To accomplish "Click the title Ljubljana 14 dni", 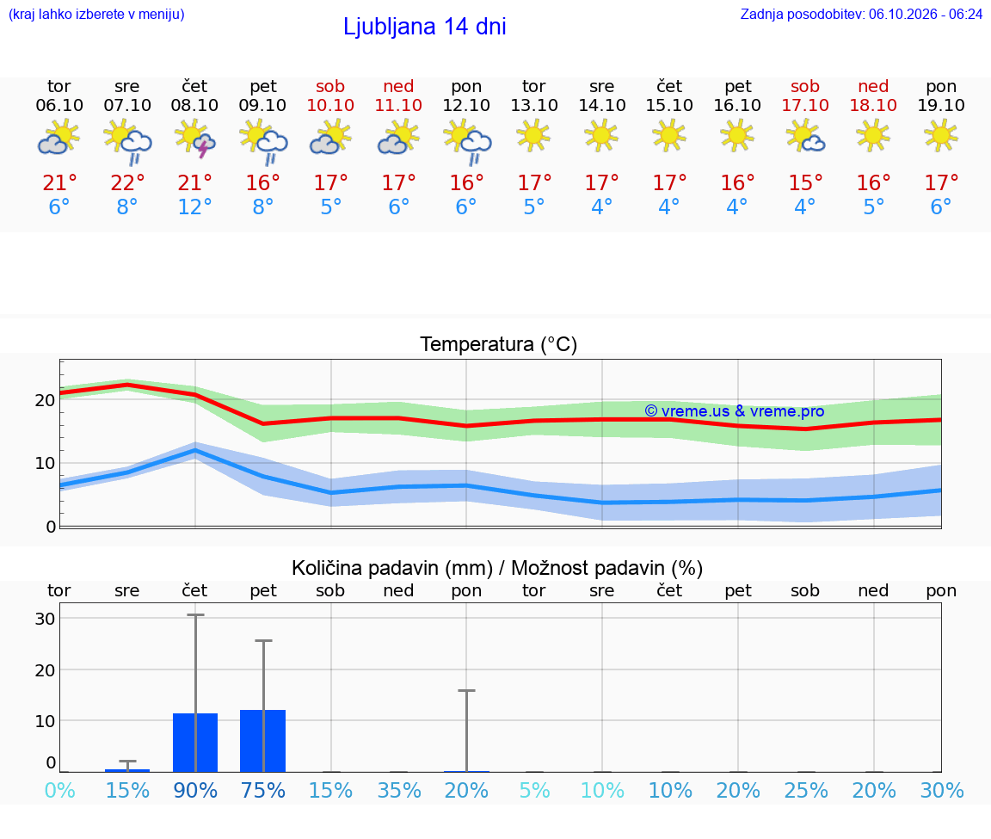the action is [425, 27].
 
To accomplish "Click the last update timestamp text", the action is [861, 14].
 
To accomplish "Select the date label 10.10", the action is [330, 105].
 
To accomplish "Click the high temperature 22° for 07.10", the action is [127, 182].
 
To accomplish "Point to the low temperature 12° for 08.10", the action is [194, 207].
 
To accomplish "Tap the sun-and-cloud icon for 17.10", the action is [805, 138].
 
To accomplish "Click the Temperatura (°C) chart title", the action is [499, 344].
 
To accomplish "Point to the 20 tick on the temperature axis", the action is [45, 400].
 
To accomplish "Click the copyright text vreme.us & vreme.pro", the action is [735, 411].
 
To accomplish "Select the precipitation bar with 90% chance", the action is [195, 743].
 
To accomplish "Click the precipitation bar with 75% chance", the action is [263, 740].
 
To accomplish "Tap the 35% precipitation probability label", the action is [399, 790].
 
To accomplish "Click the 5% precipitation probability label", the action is [535, 790].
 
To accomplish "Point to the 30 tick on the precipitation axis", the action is [45, 619].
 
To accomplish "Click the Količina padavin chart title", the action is [497, 568].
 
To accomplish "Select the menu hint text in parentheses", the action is [96, 15].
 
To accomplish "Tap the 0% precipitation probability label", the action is [60, 790].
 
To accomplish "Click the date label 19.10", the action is [941, 105].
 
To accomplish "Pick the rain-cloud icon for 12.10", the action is [468, 142].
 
